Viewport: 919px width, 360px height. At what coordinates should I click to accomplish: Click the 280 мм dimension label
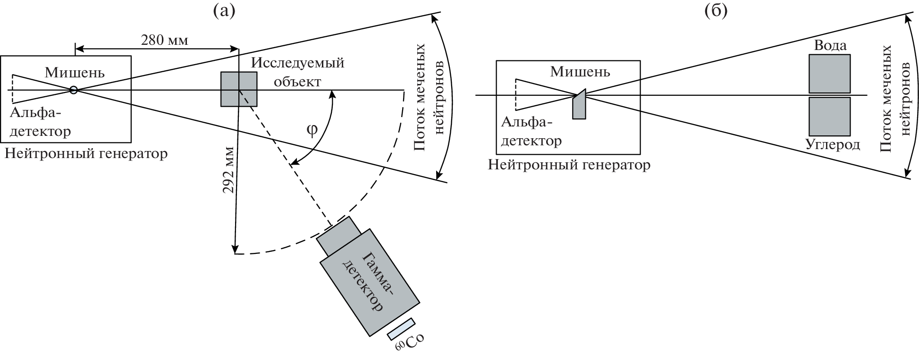164,41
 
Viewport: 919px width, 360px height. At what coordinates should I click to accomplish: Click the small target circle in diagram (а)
74,90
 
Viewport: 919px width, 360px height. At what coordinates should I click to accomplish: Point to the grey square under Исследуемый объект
239,89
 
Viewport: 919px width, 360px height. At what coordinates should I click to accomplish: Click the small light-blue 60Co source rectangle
401,329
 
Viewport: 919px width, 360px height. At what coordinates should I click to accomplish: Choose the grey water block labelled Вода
829,74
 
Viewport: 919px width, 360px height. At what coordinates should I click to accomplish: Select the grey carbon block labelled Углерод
829,117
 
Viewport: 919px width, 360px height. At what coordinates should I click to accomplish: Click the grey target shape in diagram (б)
579,105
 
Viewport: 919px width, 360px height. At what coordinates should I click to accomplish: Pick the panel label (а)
224,10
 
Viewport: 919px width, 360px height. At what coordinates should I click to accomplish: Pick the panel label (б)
716,10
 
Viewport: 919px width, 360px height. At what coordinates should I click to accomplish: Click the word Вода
830,45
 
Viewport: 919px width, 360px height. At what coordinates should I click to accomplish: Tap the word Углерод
833,144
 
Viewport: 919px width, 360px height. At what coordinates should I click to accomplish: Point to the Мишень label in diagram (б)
580,72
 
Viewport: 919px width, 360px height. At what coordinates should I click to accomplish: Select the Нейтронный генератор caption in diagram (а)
86,153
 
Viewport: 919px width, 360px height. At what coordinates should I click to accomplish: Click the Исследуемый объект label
297,72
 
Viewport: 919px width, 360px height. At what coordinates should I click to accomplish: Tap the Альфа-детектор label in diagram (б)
531,132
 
